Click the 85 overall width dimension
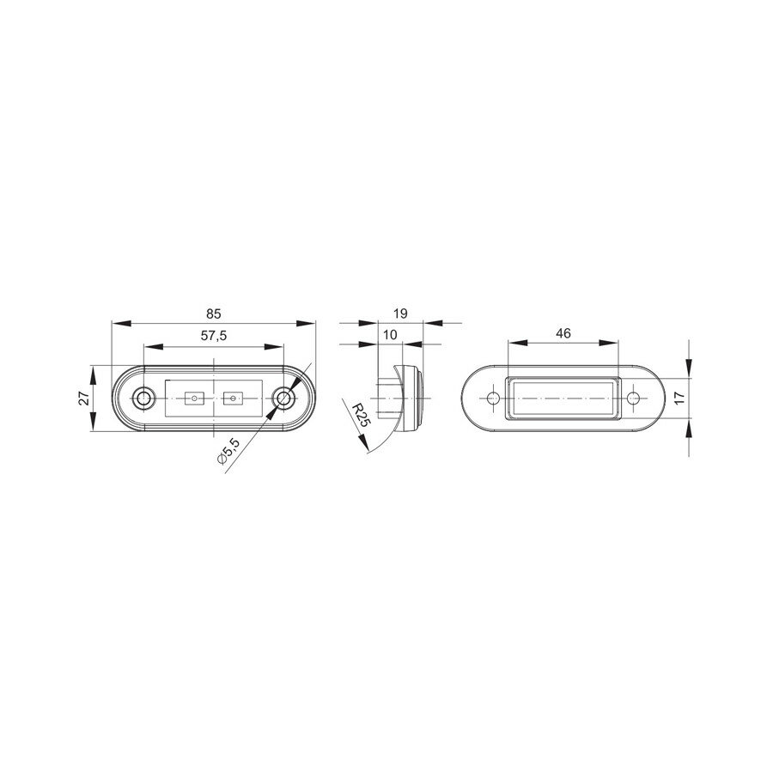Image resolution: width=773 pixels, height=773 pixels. tap(214, 313)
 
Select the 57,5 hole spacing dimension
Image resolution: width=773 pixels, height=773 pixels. tap(214, 336)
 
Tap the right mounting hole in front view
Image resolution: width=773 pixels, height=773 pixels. tap(283, 398)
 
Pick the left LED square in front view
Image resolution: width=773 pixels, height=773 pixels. tap(193, 398)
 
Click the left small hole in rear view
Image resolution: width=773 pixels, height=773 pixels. tap(493, 399)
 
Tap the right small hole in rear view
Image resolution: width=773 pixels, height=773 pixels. tap(634, 399)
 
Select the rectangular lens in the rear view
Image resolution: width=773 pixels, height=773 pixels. tap(563, 399)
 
